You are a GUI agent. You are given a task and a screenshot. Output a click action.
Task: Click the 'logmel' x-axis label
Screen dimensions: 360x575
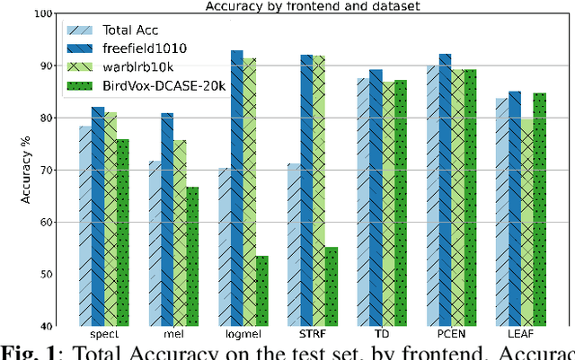pos(237,336)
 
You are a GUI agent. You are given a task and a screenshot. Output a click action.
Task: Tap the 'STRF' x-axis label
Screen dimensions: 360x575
pos(305,336)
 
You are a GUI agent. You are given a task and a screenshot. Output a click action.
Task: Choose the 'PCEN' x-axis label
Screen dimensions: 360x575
pos(445,336)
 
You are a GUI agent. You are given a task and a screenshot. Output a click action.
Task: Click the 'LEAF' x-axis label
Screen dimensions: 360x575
pos(514,336)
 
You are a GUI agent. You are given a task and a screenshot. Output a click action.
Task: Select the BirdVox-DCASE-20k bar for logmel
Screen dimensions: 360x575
pos(262,291)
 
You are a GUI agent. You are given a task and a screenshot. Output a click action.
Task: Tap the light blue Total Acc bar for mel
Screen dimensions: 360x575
pos(154,243)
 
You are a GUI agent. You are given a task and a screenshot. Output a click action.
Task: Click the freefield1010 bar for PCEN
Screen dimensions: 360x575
pos(445,189)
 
